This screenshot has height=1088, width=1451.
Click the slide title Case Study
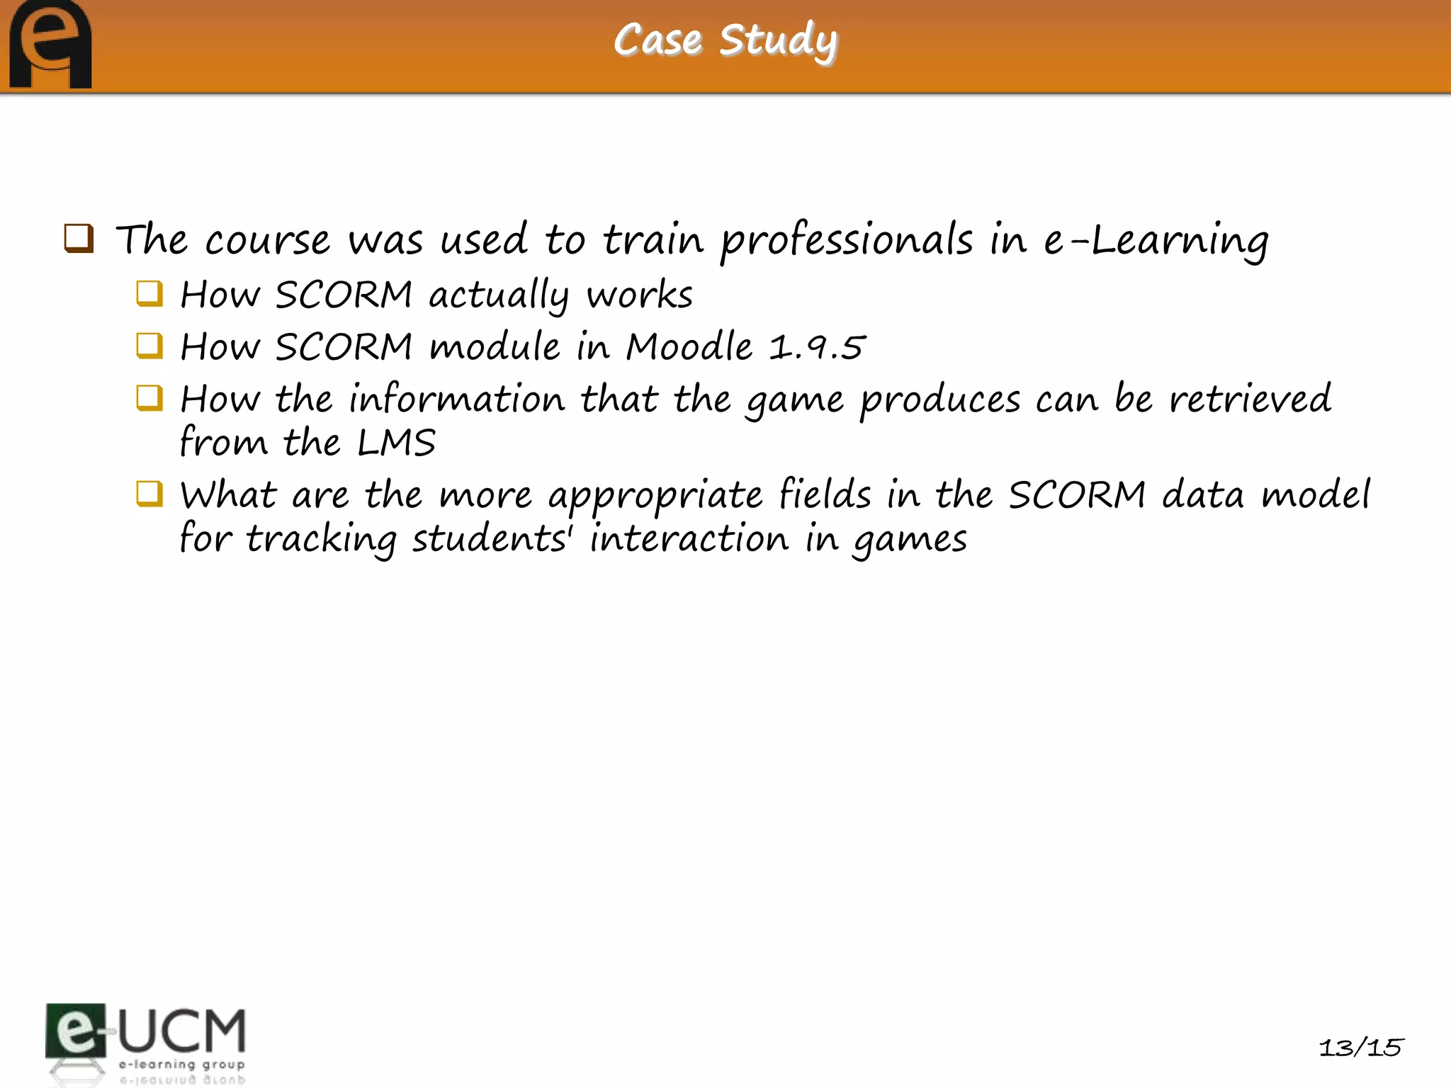click(x=725, y=40)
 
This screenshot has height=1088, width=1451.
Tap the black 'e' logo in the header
click(x=50, y=44)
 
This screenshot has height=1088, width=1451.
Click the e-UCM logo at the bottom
click(x=146, y=1041)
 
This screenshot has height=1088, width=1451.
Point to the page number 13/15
click(x=1360, y=1047)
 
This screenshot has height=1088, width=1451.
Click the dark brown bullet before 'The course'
click(x=79, y=238)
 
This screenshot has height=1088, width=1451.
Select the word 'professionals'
click(x=847, y=241)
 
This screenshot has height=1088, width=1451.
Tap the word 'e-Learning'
click(x=1156, y=241)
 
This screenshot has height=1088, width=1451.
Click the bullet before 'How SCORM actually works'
click(x=149, y=293)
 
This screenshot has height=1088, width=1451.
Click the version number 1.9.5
click(x=817, y=347)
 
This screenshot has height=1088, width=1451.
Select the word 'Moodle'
click(x=689, y=346)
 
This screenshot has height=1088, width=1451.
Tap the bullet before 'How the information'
click(x=149, y=398)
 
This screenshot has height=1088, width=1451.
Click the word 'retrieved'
click(x=1250, y=399)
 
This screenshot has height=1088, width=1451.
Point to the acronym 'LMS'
click(x=396, y=443)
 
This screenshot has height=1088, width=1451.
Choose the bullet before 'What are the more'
click(x=149, y=494)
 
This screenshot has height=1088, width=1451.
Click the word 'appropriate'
click(x=655, y=497)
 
